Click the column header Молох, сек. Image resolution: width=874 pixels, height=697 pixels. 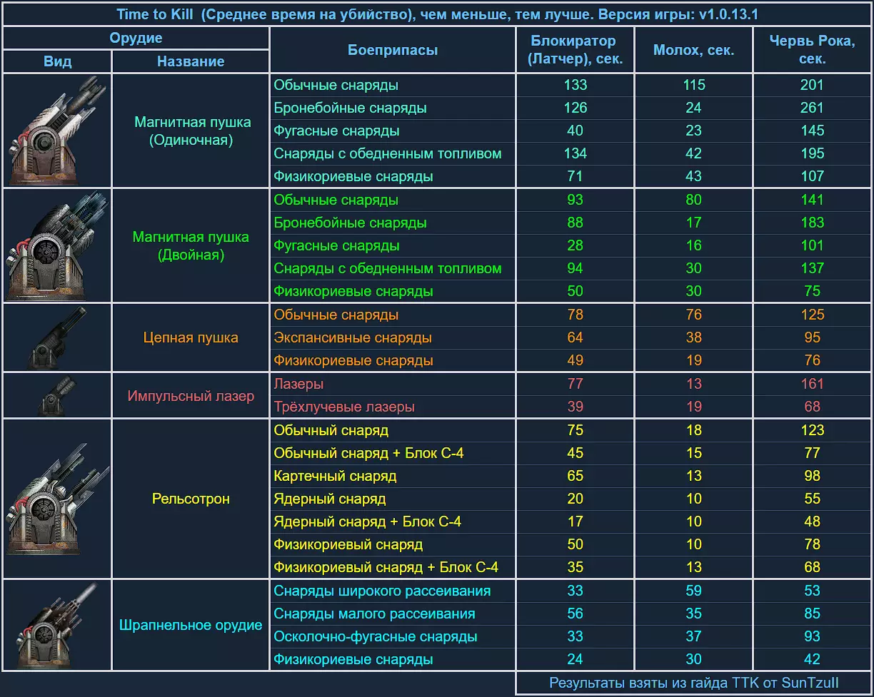coord(693,50)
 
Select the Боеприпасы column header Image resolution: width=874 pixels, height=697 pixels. coord(393,50)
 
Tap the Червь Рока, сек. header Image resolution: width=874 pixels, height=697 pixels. coord(812,50)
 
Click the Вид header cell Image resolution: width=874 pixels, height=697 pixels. coord(57,61)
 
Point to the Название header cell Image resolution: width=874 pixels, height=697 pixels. coord(191,61)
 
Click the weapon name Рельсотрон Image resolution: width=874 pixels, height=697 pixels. coord(191,499)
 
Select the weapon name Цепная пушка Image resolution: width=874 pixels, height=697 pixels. coord(191,337)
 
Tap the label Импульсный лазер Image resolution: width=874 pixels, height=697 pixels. coord(191,396)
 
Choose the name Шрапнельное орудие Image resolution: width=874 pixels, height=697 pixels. coord(191,626)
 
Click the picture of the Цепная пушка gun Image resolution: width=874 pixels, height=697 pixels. coord(57,337)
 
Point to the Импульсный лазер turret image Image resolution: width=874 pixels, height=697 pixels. coord(57,396)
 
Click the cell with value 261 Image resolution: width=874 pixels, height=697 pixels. coord(812,108)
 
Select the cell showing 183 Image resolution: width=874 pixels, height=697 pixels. coord(812,223)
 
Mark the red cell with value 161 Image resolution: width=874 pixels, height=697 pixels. coord(812,384)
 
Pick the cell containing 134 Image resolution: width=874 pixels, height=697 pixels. coord(575,153)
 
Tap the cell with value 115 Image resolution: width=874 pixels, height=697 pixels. coord(693,85)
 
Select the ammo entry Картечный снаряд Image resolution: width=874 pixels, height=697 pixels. coord(335,476)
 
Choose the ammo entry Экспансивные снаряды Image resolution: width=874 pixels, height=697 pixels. coord(353,337)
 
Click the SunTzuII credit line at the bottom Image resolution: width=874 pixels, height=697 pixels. coord(693,683)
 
